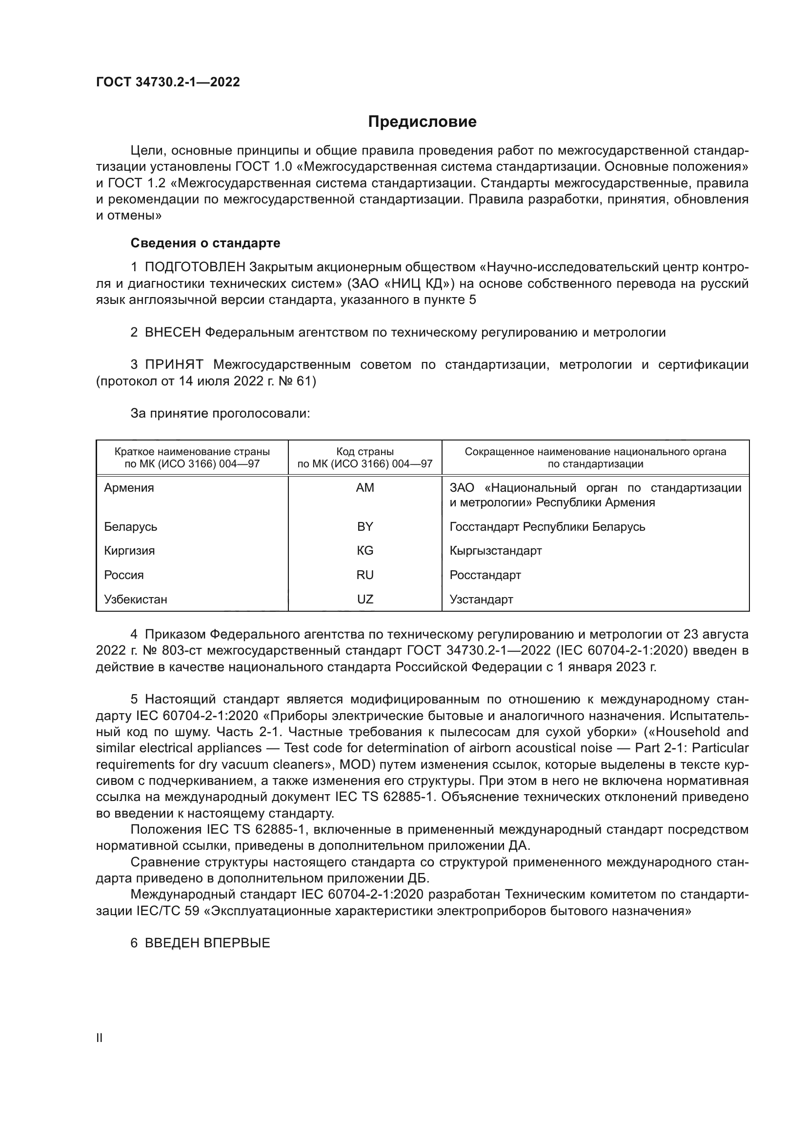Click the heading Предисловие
[x=422, y=122]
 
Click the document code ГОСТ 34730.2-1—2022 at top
[x=168, y=82]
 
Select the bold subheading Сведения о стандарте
[x=205, y=243]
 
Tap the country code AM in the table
[x=365, y=487]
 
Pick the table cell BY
[x=365, y=526]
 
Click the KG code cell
[x=365, y=551]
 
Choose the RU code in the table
[x=365, y=575]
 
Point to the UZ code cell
[x=365, y=600]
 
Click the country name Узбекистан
[x=136, y=600]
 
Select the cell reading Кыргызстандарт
[x=495, y=551]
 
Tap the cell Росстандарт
[x=485, y=575]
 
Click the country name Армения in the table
[x=129, y=487]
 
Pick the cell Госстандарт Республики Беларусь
[x=547, y=526]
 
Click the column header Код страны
[x=365, y=452]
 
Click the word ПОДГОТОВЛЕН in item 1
[x=195, y=267]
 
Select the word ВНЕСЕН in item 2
[x=172, y=333]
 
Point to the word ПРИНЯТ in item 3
[x=174, y=365]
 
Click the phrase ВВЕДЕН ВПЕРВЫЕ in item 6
[x=207, y=943]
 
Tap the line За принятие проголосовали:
[x=220, y=414]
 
